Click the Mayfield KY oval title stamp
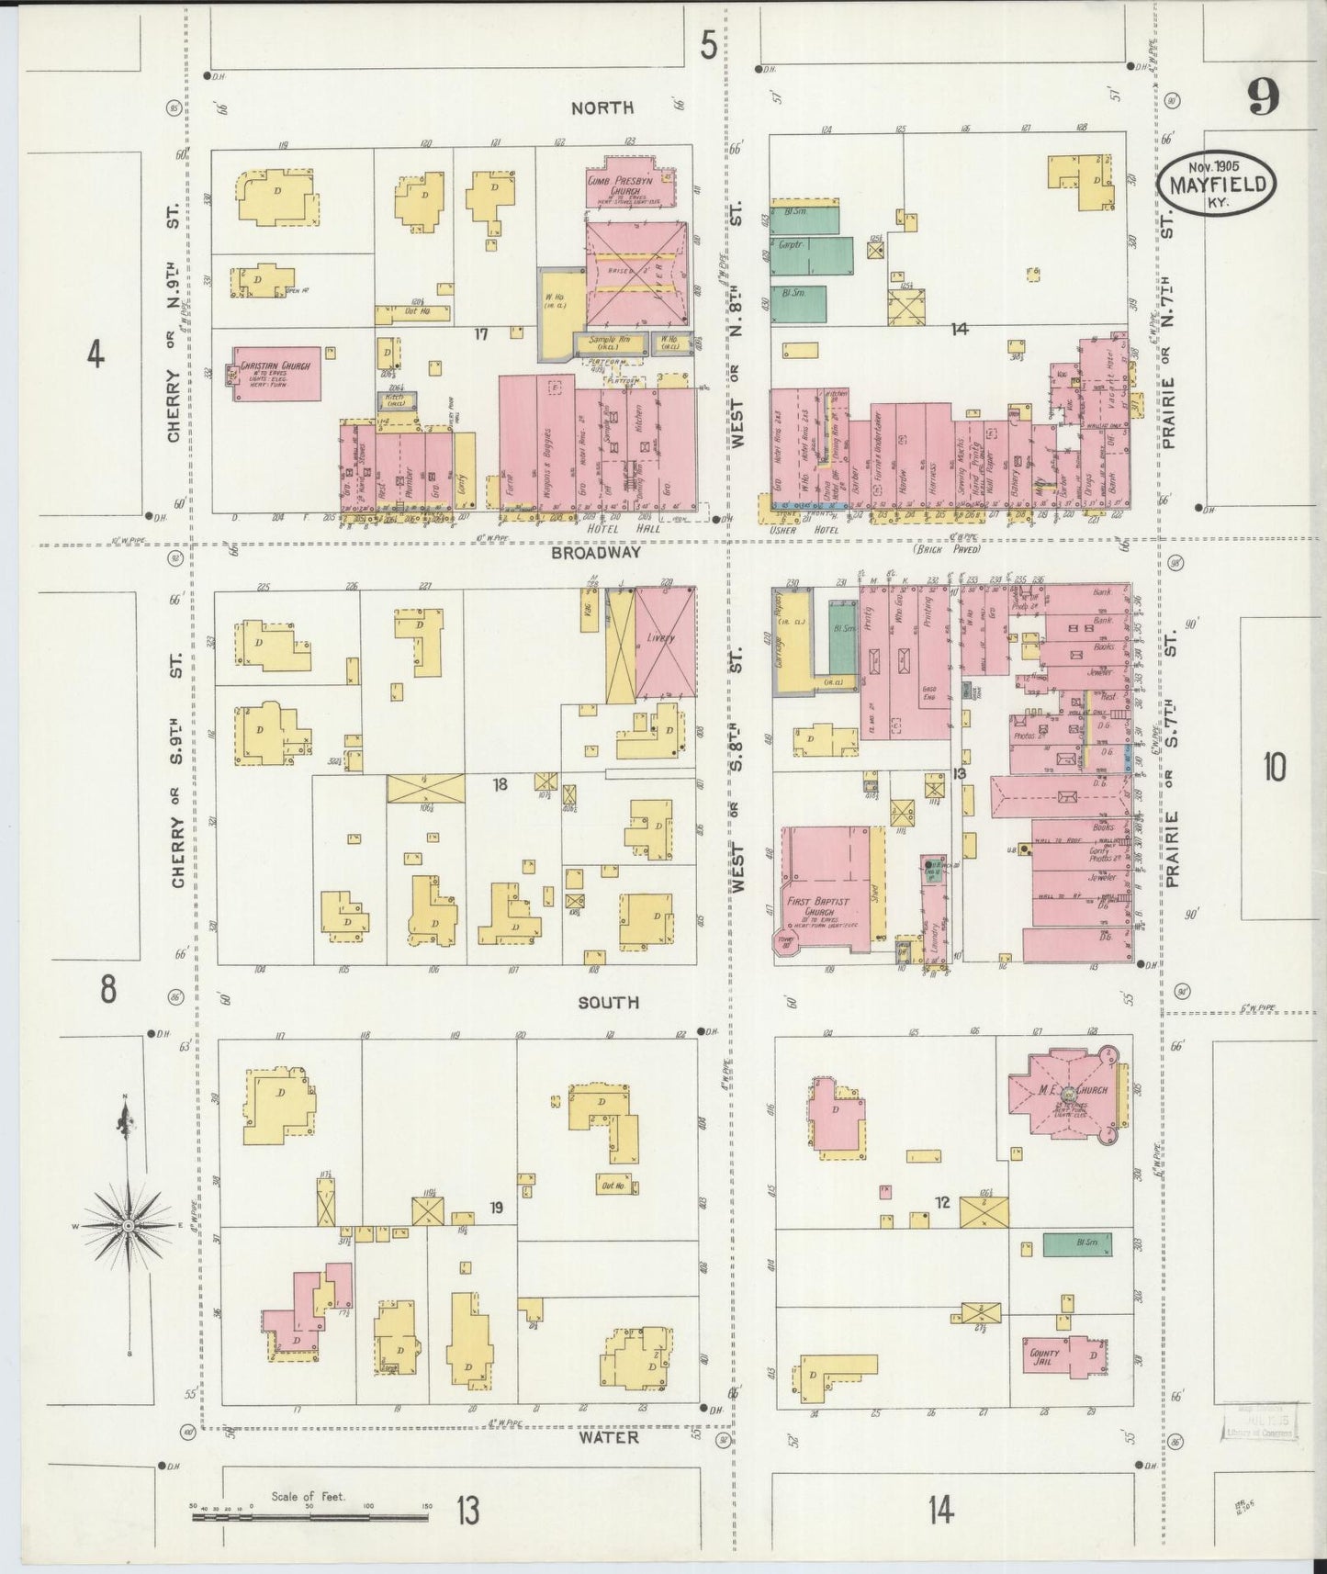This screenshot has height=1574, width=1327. pos(1217,184)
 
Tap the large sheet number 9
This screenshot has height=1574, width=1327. pos(1264,96)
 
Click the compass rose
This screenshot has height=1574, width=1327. pos(129,1226)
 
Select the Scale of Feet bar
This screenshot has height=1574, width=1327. pos(309,1517)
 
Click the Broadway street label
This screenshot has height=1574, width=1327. pos(596,554)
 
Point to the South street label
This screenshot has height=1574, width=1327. pos(608,1003)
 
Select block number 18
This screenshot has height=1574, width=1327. pos(500,784)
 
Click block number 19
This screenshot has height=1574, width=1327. pos(496,1208)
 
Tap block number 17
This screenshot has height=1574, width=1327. pos(480,334)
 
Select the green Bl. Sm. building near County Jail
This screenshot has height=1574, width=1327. pos(1076,1244)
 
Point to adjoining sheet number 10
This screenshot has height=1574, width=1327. pos(1274,767)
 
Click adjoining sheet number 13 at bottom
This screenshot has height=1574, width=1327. pos(467,1510)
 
